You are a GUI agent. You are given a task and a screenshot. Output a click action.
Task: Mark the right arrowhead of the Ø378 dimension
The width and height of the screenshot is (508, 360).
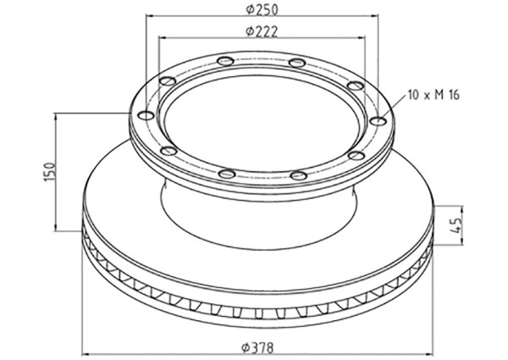pos(433,356)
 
